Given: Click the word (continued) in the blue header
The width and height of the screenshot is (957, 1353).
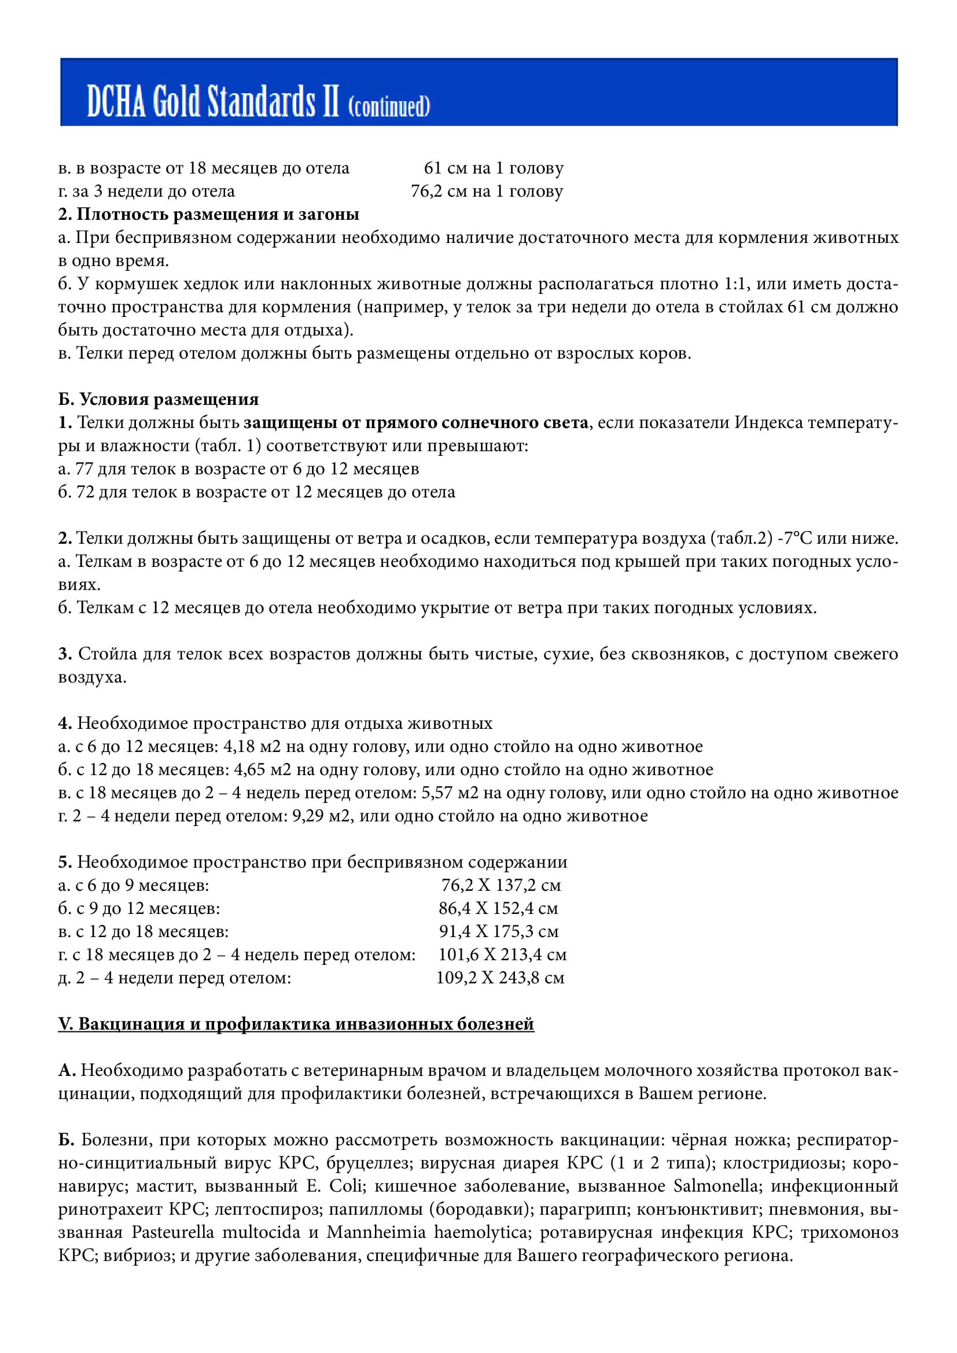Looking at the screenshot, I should tap(389, 106).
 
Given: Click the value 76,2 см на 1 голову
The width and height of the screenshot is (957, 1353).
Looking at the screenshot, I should tap(487, 191).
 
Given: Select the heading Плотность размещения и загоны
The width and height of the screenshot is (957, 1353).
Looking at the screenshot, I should tap(218, 214).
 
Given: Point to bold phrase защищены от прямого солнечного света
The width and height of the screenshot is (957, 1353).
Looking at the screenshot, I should tap(415, 422).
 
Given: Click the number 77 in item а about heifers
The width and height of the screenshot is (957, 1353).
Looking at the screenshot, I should tap(84, 469).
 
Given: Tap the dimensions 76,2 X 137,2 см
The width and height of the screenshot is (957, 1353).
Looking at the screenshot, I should tap(501, 885).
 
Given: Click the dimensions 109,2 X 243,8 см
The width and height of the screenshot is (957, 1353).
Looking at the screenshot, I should tap(500, 978).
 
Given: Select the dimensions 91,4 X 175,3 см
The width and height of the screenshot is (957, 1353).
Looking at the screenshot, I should tap(499, 932).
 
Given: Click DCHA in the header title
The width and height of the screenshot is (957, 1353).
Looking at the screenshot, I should tap(116, 101).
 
